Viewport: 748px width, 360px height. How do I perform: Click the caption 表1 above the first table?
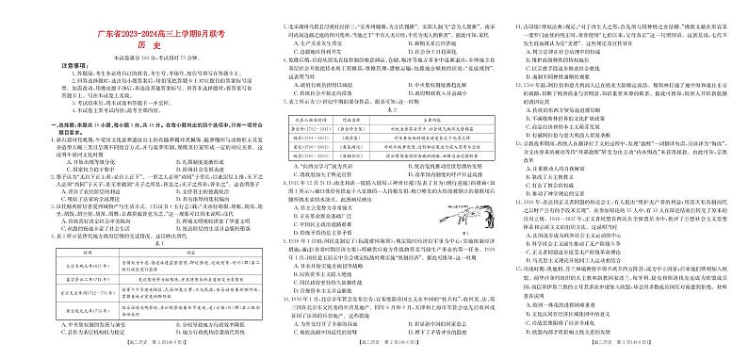126,218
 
